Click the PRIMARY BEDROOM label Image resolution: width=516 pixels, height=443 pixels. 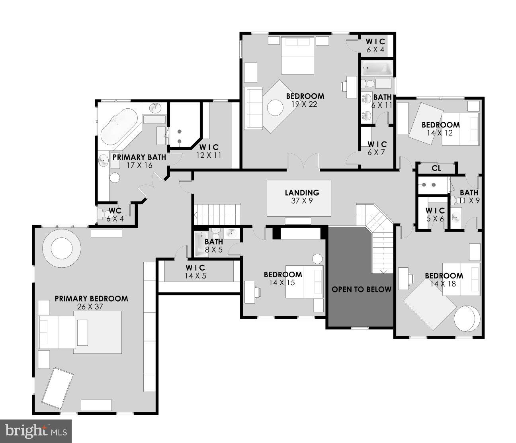click(x=91, y=298)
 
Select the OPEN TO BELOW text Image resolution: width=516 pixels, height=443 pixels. click(x=362, y=289)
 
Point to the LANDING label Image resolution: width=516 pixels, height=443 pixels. click(x=302, y=193)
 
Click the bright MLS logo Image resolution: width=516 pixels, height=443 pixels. click(x=35, y=431)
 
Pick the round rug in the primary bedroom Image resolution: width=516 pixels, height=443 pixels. click(x=62, y=249)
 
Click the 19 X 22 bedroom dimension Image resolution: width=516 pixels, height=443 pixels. click(x=305, y=104)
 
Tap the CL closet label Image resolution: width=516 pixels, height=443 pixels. click(x=436, y=168)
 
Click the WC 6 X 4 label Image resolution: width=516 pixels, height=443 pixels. click(x=115, y=214)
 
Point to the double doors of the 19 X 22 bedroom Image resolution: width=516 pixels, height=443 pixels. click(x=303, y=163)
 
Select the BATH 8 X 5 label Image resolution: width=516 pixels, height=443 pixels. click(x=214, y=246)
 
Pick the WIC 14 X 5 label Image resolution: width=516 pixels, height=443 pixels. click(x=195, y=272)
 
